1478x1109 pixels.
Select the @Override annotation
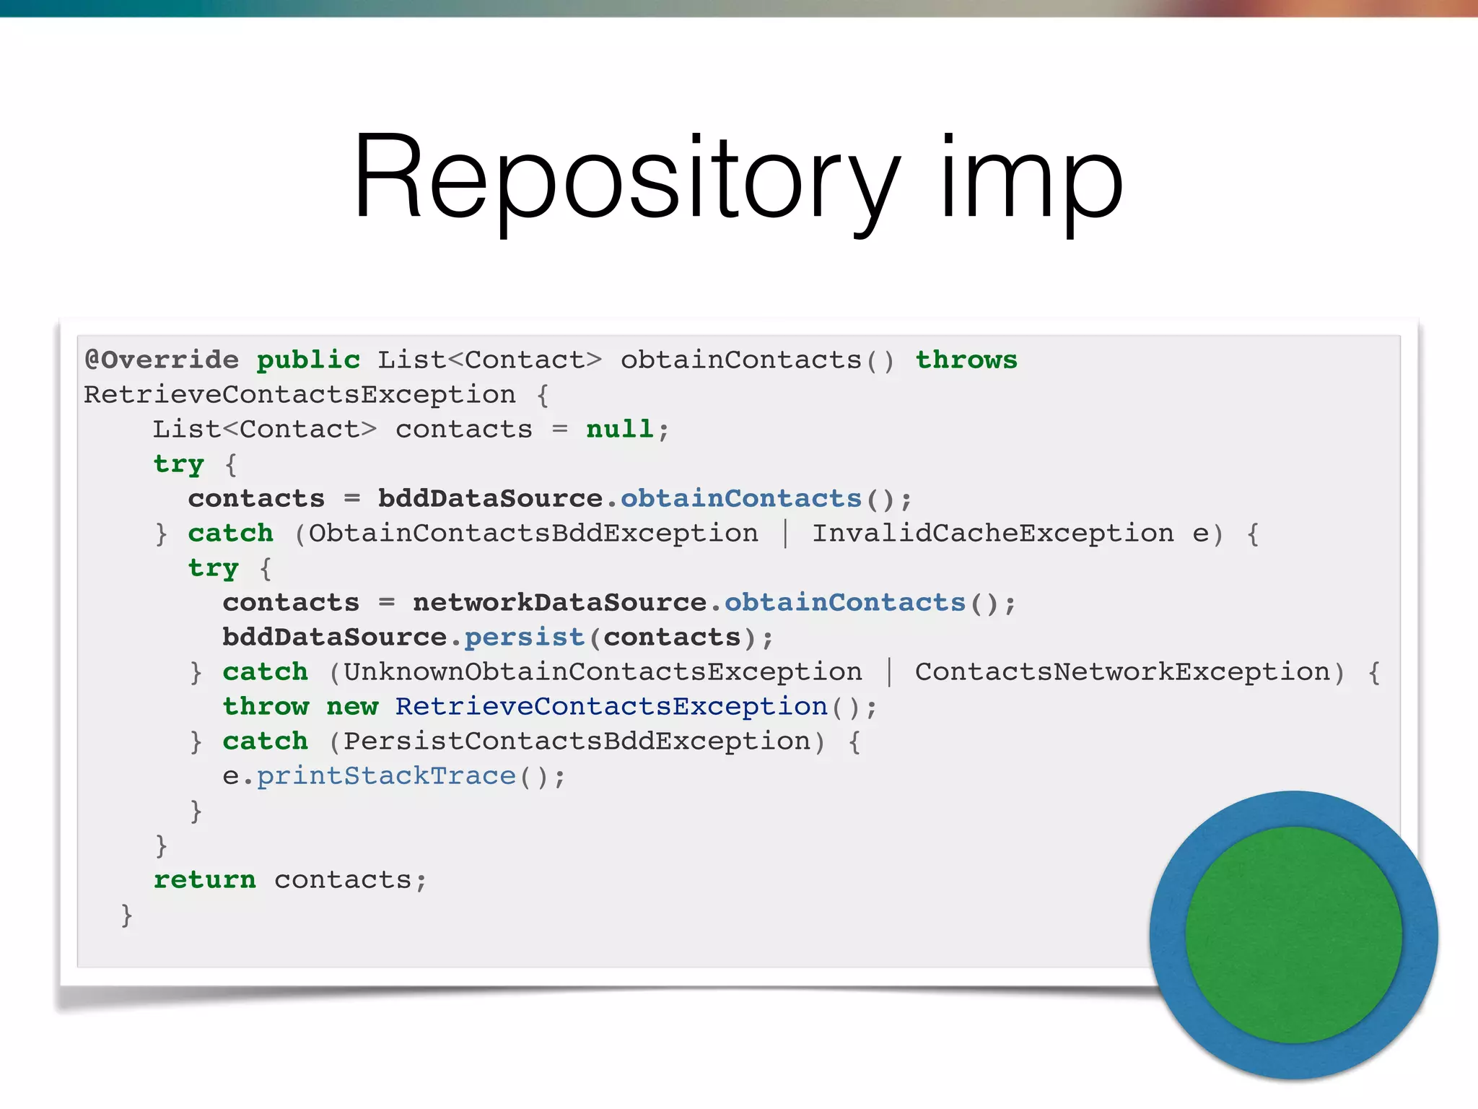[162, 360]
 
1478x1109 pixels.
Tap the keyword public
[308, 360]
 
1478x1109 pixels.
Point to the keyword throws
[966, 360]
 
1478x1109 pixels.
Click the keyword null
[619, 429]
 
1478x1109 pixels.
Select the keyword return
[204, 879]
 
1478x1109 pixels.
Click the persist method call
[524, 637]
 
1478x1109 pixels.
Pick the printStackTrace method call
[386, 775]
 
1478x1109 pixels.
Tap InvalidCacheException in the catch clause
[993, 533]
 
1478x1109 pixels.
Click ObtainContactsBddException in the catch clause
[533, 533]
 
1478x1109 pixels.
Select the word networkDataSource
[559, 602]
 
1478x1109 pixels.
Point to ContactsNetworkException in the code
[1122, 671]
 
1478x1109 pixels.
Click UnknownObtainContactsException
[603, 671]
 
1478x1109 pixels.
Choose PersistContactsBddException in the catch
[577, 741]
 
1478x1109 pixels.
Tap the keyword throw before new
[266, 706]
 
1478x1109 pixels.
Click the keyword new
[352, 706]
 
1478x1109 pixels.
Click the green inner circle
[1293, 935]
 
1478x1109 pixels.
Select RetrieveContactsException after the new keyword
[611, 706]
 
